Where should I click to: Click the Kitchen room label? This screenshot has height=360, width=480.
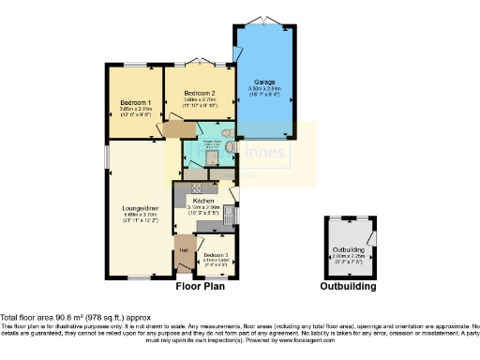tap(204, 201)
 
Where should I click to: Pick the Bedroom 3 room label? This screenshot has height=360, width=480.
tap(216, 255)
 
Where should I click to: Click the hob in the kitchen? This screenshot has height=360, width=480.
tap(199, 186)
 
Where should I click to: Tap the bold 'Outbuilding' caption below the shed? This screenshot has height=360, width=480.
tap(348, 287)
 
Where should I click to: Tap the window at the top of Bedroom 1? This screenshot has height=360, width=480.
tap(130, 65)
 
